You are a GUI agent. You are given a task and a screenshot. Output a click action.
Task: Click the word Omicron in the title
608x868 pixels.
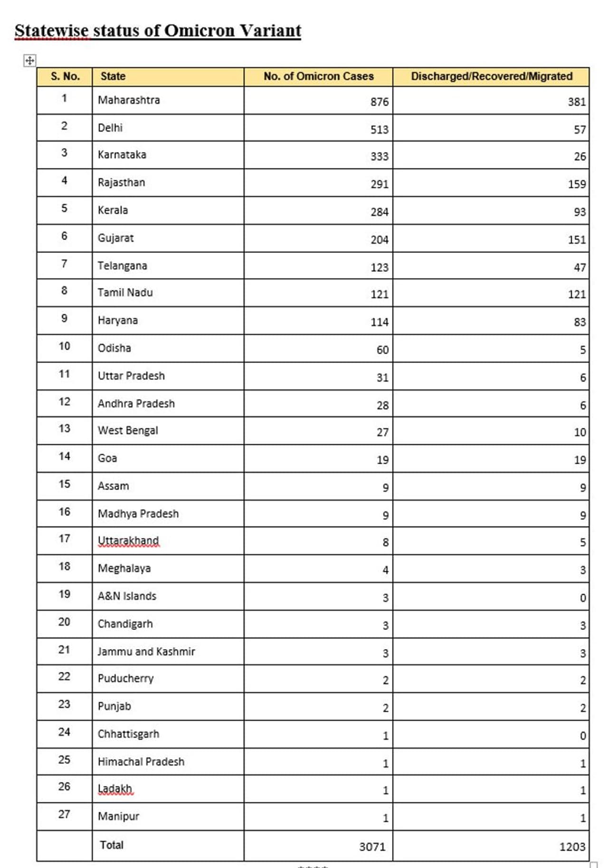pyautogui.click(x=199, y=31)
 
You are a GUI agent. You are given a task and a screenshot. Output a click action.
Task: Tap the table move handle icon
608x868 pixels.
pyautogui.click(x=29, y=60)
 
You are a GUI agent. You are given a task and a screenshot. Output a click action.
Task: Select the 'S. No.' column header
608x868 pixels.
pyautogui.click(x=65, y=76)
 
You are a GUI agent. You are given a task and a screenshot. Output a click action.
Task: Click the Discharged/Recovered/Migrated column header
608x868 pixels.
pyautogui.click(x=492, y=76)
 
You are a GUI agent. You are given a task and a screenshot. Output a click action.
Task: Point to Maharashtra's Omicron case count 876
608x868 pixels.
pyautogui.click(x=380, y=102)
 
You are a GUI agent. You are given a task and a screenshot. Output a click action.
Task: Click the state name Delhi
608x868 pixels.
pyautogui.click(x=110, y=128)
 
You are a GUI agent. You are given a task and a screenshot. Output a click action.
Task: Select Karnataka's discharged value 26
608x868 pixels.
pyautogui.click(x=579, y=156)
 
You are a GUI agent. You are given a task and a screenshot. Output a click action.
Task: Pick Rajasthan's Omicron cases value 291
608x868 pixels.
pyautogui.click(x=380, y=184)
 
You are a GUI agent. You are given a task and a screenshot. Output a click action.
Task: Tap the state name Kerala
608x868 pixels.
pyautogui.click(x=113, y=210)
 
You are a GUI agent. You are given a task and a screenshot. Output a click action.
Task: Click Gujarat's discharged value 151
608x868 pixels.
pyautogui.click(x=577, y=239)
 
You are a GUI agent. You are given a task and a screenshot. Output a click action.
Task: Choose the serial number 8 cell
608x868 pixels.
pyautogui.click(x=64, y=290)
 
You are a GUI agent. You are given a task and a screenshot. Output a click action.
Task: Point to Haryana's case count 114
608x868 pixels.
pyautogui.click(x=380, y=322)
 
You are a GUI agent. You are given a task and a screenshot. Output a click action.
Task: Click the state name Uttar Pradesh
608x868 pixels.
pyautogui.click(x=131, y=376)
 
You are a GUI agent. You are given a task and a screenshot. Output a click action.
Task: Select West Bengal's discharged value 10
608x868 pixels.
pyautogui.click(x=579, y=432)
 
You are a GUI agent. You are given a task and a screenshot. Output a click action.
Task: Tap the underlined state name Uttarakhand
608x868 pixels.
pyautogui.click(x=128, y=541)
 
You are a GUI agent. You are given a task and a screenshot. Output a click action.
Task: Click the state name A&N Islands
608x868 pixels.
pyautogui.click(x=127, y=596)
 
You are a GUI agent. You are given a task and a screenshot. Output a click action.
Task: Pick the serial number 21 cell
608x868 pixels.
pyautogui.click(x=64, y=649)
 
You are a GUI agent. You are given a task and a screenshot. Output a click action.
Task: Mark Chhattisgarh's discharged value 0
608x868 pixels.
pyautogui.click(x=583, y=736)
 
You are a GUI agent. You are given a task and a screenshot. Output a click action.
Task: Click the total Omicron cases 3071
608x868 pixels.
pyautogui.click(x=372, y=847)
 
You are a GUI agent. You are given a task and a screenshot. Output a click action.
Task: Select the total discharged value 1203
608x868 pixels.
pyautogui.click(x=572, y=847)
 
